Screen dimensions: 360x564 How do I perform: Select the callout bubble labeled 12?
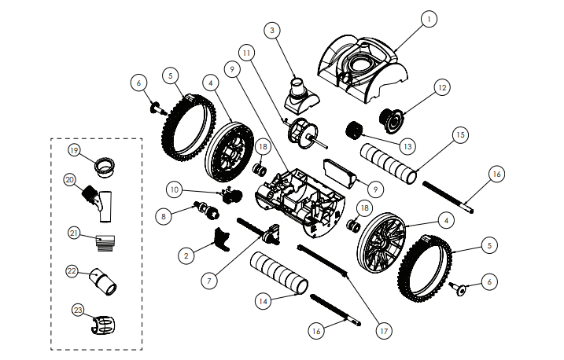[442, 87]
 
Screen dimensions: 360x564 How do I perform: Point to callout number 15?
[460, 135]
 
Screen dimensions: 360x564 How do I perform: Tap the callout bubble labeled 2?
[186, 255]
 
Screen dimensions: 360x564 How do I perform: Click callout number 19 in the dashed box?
[74, 150]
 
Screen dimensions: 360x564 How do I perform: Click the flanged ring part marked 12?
[390, 120]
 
